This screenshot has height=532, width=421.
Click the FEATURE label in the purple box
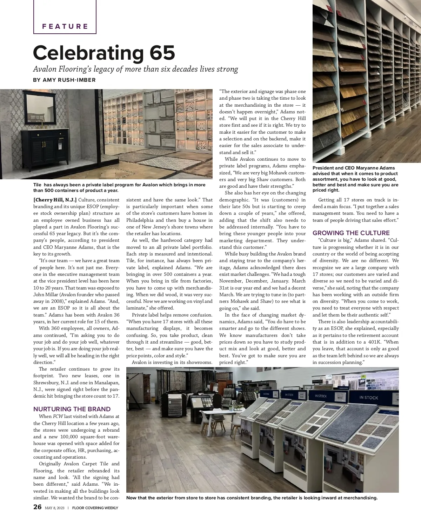point(65,26)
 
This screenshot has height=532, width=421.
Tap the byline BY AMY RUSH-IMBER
point(64,80)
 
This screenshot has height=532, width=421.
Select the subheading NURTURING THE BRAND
point(72,409)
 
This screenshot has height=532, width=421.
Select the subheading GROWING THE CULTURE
point(351,233)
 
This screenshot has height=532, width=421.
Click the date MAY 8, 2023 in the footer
point(55,508)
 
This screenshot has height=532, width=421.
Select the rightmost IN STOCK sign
point(368,398)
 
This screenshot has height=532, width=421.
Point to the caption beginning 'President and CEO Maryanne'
point(355,179)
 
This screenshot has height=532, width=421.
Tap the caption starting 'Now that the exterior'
point(252,498)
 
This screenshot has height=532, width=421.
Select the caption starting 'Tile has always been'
point(119,187)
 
